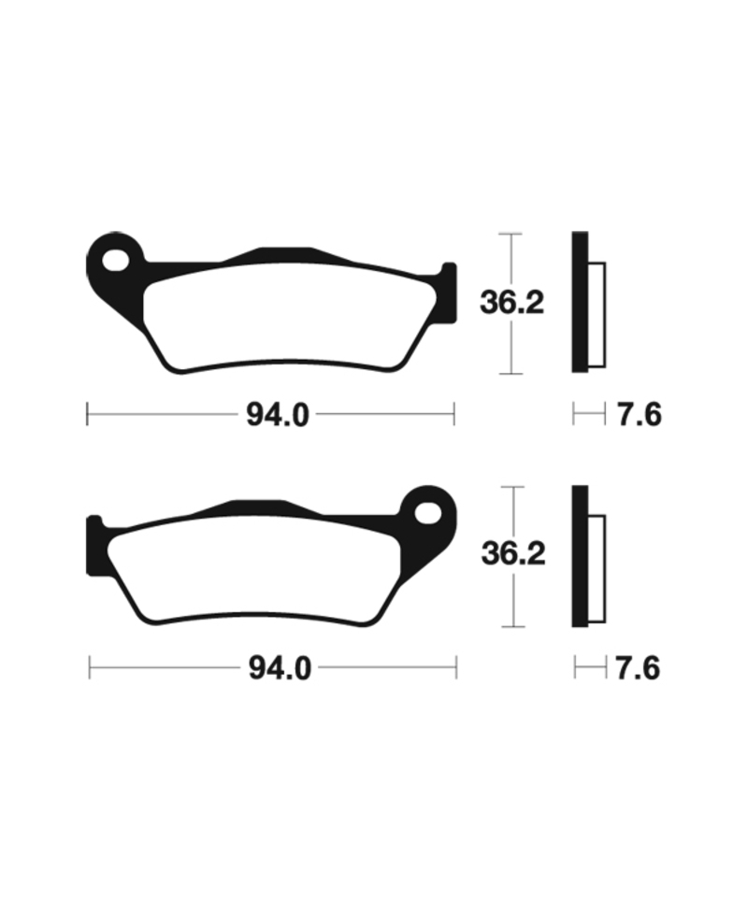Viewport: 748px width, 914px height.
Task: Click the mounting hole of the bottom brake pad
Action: [x=429, y=513]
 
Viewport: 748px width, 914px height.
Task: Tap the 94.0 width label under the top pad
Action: [x=277, y=415]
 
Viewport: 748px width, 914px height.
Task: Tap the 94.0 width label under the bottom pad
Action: [x=279, y=669]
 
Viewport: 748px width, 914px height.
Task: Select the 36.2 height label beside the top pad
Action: [x=511, y=302]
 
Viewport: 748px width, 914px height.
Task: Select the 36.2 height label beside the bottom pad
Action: [x=512, y=555]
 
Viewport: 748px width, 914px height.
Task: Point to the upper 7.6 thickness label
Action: [x=639, y=414]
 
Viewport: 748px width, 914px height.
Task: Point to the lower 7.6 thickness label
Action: [x=638, y=669]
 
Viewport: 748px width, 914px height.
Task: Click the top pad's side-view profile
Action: [x=582, y=302]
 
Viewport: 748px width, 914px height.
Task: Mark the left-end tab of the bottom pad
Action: [x=95, y=544]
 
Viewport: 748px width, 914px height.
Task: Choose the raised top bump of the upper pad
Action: [x=280, y=254]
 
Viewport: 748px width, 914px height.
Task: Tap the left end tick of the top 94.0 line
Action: [x=87, y=414]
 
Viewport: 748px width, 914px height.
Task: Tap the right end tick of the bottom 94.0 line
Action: [x=455, y=668]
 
